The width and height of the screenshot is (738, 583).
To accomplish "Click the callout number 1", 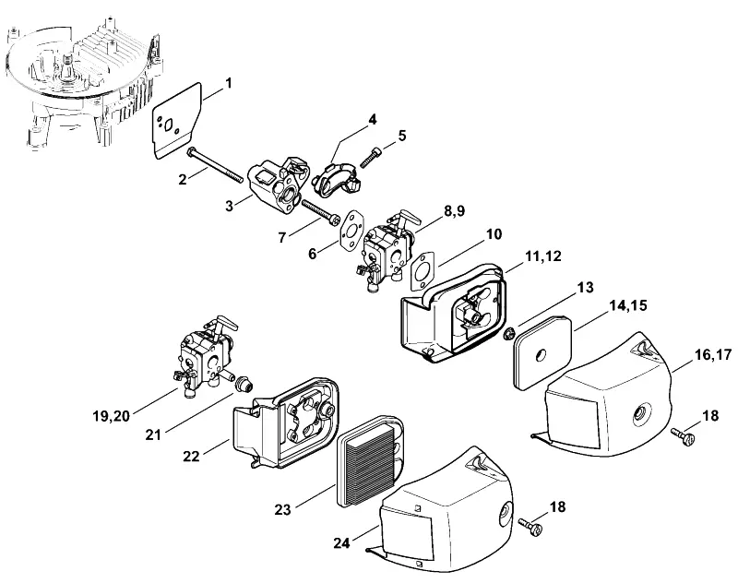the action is coord(229,84).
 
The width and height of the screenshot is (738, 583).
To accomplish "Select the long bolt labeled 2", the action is coord(216,165).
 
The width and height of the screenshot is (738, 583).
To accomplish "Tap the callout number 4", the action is coord(373,120).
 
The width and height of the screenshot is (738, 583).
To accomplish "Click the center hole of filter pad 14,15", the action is coord(541,355).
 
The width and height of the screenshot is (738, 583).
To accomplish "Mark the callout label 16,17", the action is coord(713,354).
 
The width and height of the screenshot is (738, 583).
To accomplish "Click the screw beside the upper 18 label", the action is coord(683,434).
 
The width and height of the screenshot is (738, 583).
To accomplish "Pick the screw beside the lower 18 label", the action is coord(530,526).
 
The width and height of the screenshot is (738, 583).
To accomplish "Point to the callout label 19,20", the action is coord(111,416).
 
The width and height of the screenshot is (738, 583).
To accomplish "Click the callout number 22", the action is coord(191,456).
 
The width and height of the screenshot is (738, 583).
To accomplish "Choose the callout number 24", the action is coord(341,542).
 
